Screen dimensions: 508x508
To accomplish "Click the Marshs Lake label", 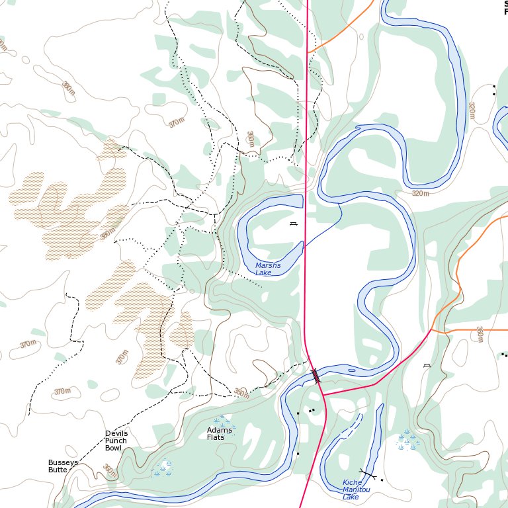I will (268, 269).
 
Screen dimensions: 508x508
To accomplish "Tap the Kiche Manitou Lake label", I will (356, 490).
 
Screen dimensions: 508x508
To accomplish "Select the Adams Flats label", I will (220, 434).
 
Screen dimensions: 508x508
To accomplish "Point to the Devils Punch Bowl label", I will (116, 441).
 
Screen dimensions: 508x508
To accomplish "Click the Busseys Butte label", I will (62, 466).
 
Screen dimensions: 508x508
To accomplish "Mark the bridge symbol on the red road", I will (316, 376).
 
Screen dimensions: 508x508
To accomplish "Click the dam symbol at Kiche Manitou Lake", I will (367, 474).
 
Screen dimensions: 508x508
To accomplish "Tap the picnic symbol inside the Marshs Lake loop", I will (293, 224).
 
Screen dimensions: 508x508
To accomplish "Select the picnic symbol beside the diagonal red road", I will (427, 364).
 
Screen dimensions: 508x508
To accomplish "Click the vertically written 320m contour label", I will (472, 110).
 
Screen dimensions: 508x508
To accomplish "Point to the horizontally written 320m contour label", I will (420, 193).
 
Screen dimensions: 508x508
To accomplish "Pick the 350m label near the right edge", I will (480, 335).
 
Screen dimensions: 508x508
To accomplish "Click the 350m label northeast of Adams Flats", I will (241, 394).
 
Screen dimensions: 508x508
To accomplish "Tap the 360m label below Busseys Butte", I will (110, 471).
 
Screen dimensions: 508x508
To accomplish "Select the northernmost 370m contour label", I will (176, 123).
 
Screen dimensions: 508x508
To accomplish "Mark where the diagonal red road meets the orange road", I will (431, 329).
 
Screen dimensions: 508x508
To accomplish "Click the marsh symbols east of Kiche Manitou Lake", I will (407, 440).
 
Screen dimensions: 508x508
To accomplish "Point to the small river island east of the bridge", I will (351, 370).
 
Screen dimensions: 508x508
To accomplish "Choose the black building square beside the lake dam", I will (382, 480).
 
